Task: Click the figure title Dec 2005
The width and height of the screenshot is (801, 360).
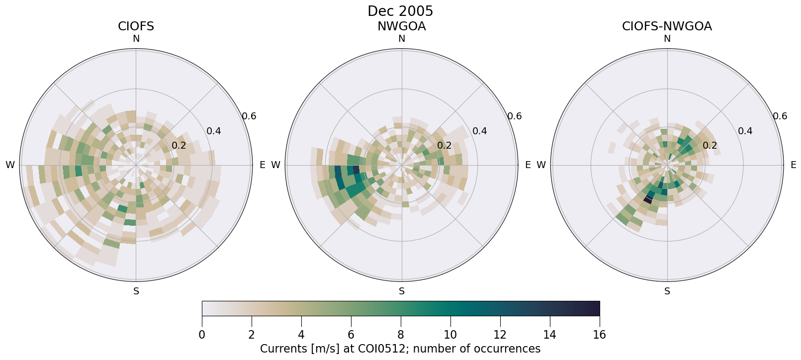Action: click(400, 11)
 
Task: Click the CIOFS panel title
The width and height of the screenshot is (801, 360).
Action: click(136, 26)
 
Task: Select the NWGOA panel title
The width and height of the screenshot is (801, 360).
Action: click(401, 26)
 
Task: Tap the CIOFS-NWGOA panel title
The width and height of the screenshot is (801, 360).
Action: click(667, 26)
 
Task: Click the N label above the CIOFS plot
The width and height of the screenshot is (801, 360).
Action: click(136, 39)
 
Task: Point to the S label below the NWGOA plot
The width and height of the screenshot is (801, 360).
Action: click(401, 291)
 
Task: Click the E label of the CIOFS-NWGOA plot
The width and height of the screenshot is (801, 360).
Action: click(793, 165)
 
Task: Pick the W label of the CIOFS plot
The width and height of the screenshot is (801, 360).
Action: click(10, 165)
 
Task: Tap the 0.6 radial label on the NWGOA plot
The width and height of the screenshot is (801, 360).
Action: click(515, 116)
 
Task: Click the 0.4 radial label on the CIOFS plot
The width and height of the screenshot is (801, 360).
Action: click(214, 131)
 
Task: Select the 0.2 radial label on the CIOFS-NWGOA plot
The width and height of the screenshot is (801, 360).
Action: click(710, 146)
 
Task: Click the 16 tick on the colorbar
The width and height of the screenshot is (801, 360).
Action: click(599, 335)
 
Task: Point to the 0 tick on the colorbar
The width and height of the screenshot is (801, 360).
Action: click(202, 335)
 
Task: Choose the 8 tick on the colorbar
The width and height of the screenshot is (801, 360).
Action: click(400, 335)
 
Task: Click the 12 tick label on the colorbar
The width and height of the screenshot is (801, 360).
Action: click(500, 335)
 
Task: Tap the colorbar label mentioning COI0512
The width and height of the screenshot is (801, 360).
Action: click(400, 349)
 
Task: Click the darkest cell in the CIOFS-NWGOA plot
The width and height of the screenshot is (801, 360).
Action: click(648, 199)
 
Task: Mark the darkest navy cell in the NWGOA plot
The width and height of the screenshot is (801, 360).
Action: click(356, 170)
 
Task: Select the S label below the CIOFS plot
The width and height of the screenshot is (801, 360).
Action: click(136, 291)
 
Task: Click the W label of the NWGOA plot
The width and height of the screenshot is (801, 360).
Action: click(275, 165)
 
